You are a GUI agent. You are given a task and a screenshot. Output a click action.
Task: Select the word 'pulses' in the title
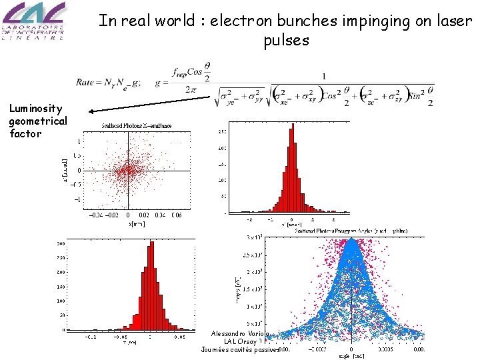[x=286, y=41]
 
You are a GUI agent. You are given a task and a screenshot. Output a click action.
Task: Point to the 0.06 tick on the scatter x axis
[x=176, y=215]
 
